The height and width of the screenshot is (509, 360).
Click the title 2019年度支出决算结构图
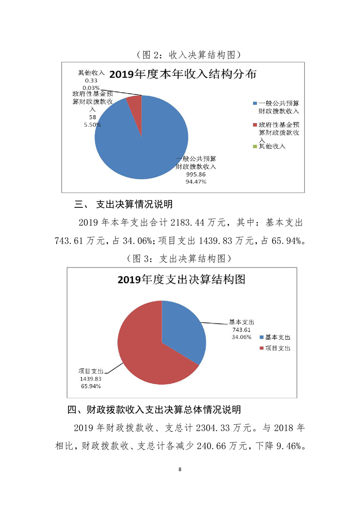click(x=181, y=279)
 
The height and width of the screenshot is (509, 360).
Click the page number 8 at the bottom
click(x=180, y=469)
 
